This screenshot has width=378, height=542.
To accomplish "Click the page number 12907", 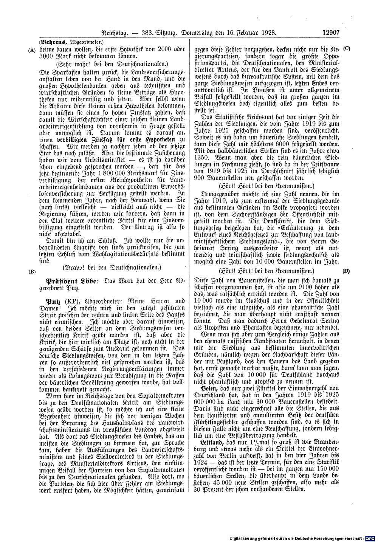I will pos(332,33).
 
